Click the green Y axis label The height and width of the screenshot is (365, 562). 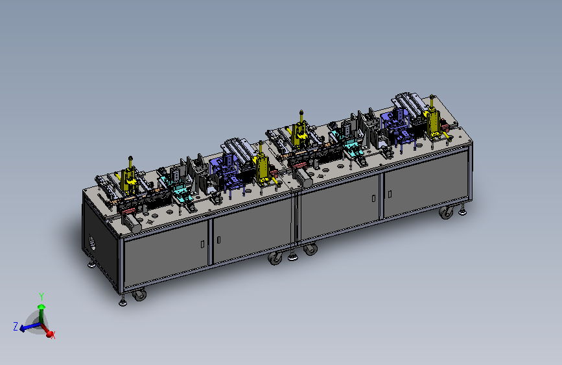[41, 297]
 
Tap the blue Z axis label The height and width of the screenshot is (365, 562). [16, 326]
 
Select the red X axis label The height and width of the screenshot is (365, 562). [53, 335]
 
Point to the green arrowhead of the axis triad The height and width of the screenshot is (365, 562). [41, 307]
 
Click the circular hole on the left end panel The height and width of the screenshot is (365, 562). [92, 243]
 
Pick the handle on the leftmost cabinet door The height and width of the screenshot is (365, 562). [202, 244]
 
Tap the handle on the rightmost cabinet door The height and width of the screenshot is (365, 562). [390, 194]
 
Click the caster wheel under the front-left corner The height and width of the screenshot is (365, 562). [139, 295]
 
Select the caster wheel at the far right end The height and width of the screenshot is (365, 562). [446, 212]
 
